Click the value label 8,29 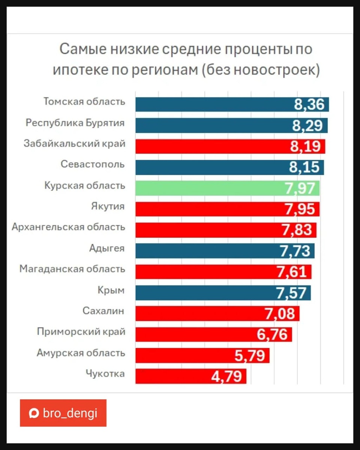(307, 126)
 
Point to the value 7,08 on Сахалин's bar (280, 313)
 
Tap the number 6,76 (272, 334)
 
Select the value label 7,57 (291, 293)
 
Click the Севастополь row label (93, 164)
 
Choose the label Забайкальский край (74, 144)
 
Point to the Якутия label (108, 206)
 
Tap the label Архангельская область (68, 227)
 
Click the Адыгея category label (107, 248)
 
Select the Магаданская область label (72, 269)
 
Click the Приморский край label (81, 332)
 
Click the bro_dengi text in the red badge (70, 413)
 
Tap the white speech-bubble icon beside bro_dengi (34, 413)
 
